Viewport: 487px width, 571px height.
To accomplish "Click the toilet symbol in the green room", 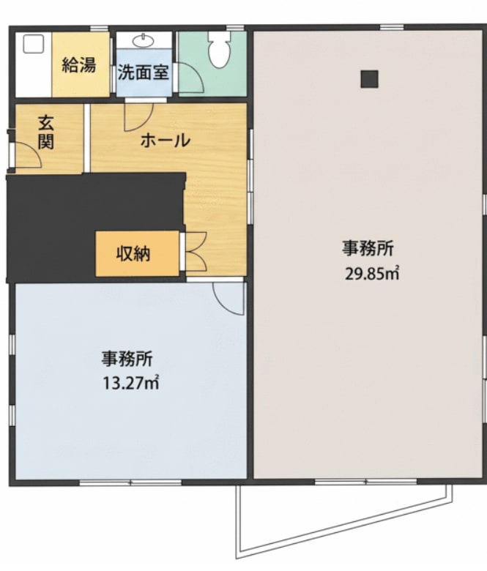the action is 219,50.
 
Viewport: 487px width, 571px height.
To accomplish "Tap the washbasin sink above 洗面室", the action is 144,40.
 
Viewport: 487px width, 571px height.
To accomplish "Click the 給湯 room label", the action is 79,66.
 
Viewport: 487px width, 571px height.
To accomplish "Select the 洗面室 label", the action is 143,72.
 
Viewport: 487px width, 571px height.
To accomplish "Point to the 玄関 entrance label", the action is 46,133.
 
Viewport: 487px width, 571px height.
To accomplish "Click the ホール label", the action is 166,141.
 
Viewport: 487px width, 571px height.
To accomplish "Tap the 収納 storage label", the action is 133,254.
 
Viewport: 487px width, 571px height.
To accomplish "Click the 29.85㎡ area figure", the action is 372,274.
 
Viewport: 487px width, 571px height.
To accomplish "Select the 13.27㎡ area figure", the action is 131,383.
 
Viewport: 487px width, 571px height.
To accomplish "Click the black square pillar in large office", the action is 369,79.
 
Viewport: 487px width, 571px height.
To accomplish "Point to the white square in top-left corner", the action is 34,44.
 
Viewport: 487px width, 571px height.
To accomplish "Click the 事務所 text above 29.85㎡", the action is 368,249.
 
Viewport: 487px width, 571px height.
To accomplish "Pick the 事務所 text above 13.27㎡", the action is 127,359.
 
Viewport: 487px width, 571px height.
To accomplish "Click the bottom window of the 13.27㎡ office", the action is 130,482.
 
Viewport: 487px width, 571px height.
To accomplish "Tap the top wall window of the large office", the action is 392,27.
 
